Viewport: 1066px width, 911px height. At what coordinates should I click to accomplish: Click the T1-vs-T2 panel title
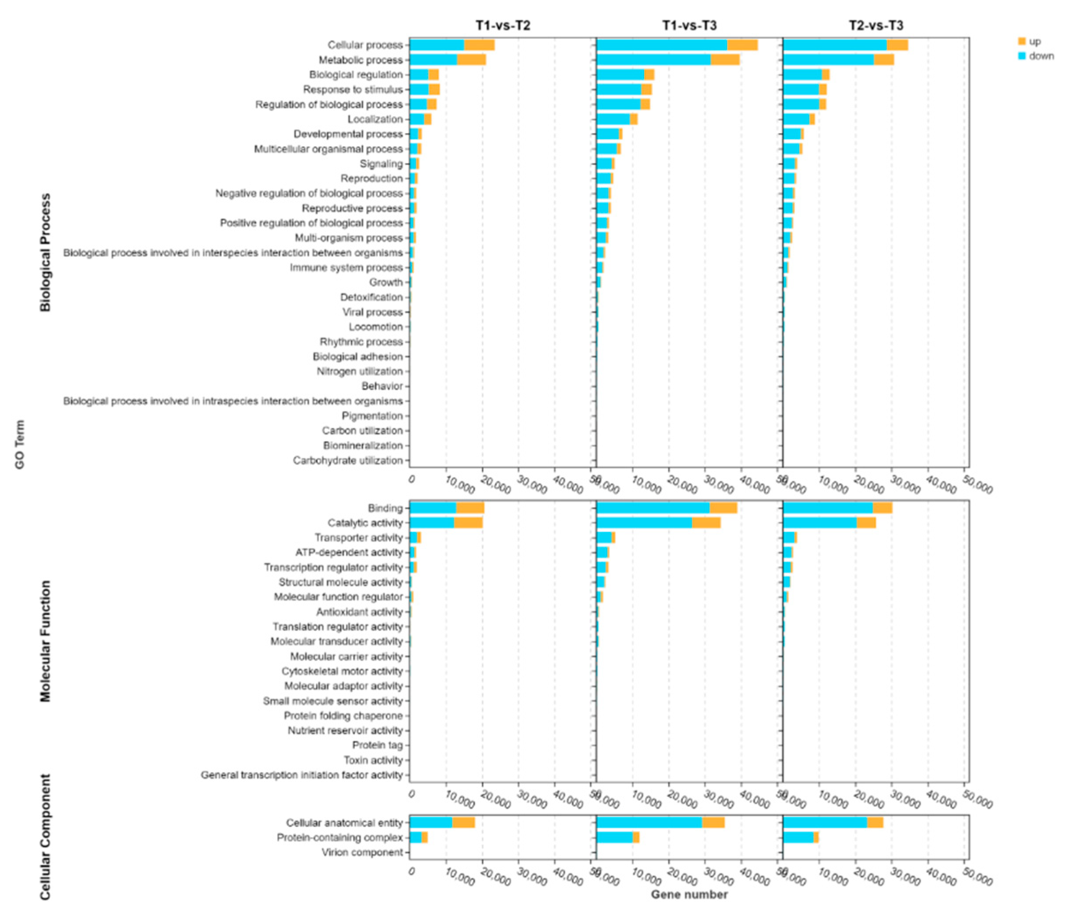coord(502,26)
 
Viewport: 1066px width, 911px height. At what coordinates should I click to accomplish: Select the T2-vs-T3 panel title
coord(876,26)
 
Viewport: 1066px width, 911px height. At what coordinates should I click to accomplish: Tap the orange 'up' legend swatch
coord(1022,41)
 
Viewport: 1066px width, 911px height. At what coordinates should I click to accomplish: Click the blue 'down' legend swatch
coord(1022,56)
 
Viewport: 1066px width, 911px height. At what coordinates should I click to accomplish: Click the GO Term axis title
coord(19,444)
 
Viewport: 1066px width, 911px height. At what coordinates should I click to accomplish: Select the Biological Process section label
coord(46,252)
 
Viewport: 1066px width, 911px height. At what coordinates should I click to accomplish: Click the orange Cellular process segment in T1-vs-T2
coord(479,45)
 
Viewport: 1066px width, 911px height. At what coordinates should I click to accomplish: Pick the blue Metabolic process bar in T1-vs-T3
coord(653,59)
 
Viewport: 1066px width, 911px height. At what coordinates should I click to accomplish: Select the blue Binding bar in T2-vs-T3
coord(827,508)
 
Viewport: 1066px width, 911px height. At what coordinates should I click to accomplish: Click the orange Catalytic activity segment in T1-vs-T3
coord(706,523)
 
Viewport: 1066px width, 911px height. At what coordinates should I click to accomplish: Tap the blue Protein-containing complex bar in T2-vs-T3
coord(798,837)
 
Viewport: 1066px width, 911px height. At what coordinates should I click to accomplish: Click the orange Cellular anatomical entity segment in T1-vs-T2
coord(463,822)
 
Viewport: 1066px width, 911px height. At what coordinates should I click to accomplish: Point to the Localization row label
coord(375,119)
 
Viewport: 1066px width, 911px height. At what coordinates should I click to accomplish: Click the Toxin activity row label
coord(373,760)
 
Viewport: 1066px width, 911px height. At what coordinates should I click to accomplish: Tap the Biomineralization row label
coord(363,446)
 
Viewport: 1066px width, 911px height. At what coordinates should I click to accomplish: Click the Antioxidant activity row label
coord(359,612)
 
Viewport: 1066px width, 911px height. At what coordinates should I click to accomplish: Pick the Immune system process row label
coord(346,268)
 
